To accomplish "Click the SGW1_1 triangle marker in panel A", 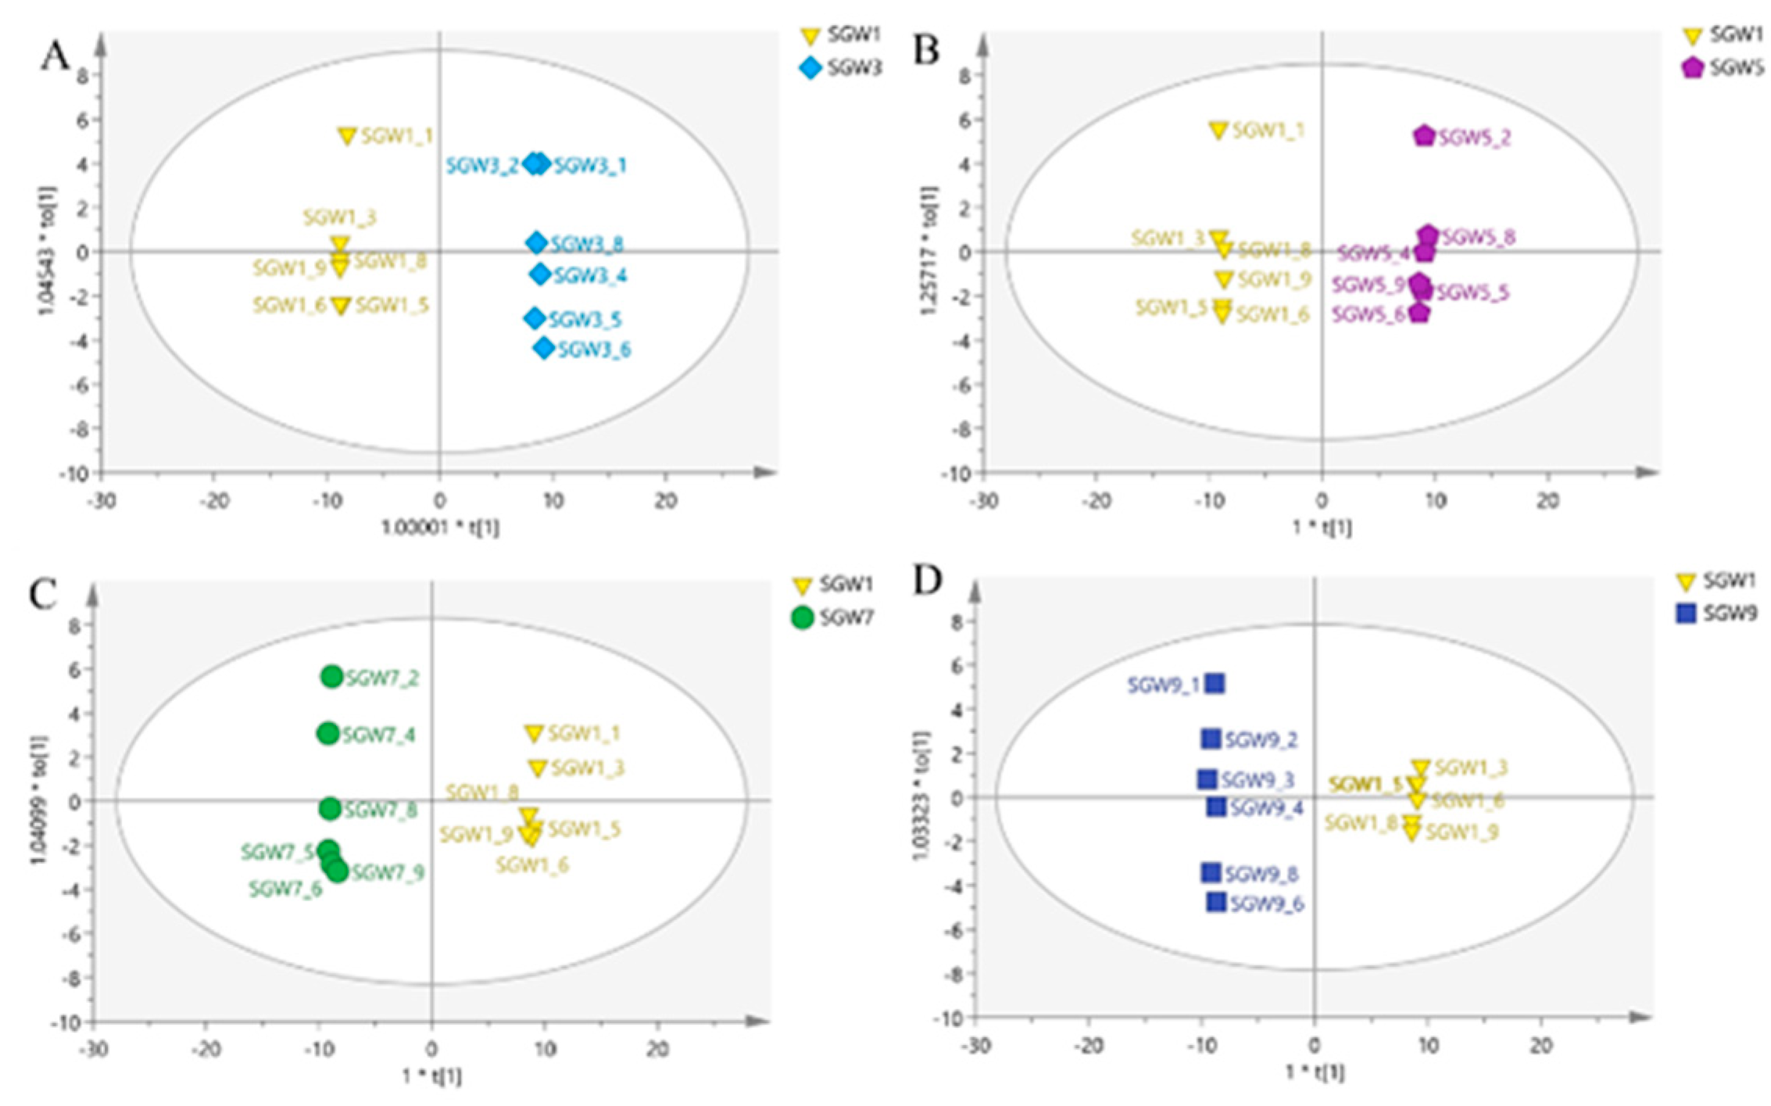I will tap(347, 136).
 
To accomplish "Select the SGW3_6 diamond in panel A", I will tap(544, 349).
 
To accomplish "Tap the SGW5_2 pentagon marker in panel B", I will tap(1424, 136).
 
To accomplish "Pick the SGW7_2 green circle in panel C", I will tap(332, 676).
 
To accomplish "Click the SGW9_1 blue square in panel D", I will tap(1215, 684).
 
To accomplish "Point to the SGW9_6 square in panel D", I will tap(1216, 902).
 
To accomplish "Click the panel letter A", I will tap(55, 56).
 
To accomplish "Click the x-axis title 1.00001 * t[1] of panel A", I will tap(440, 528).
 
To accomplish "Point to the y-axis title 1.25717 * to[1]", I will tap(929, 250).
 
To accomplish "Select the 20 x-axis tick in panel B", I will tap(1547, 500).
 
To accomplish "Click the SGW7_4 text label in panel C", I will tap(378, 736).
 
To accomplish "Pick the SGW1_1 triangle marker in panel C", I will tap(534, 733).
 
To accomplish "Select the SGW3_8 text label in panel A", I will tap(586, 245).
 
